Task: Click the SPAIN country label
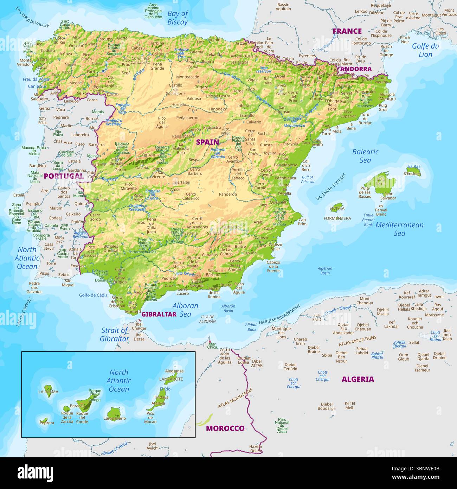[207, 142]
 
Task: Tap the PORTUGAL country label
[64, 176]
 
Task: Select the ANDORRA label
[356, 69]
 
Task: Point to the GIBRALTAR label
[159, 315]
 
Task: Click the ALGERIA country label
[358, 379]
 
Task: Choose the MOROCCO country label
[225, 428]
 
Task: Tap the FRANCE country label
[347, 31]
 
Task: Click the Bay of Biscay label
[178, 18]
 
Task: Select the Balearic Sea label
[365, 156]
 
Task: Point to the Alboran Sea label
[185, 310]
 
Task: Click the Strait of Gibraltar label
[115, 335]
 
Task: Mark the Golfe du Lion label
[425, 50]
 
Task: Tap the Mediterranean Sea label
[399, 229]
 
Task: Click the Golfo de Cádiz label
[93, 295]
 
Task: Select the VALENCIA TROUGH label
[331, 187]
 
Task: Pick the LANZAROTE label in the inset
[171, 379]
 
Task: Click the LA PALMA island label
[49, 392]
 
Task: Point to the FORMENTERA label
[337, 218]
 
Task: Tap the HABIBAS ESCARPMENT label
[279, 315]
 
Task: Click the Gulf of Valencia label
[307, 179]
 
